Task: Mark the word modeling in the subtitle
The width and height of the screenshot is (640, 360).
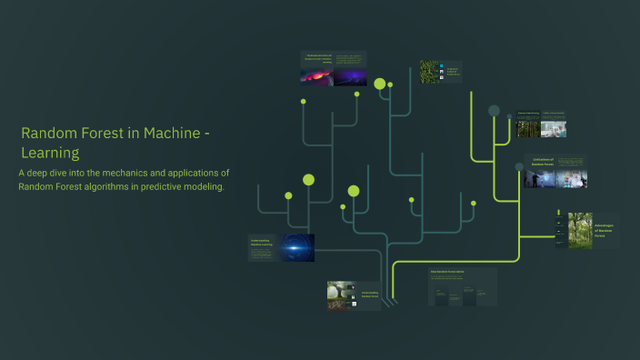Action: coord(205,187)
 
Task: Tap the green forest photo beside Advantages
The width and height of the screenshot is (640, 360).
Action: coord(580,230)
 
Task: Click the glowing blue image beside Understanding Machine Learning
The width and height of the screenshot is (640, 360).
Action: coord(296,247)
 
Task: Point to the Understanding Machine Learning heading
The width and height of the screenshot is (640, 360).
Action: coord(262,243)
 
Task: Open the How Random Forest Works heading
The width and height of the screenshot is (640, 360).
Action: coord(446,272)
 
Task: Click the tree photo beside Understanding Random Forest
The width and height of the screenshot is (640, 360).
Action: coord(343,295)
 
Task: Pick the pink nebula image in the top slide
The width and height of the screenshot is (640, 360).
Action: coord(316,77)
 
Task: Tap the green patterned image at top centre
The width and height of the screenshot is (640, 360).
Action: coord(429,71)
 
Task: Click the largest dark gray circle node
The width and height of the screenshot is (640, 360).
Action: coord(494,111)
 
